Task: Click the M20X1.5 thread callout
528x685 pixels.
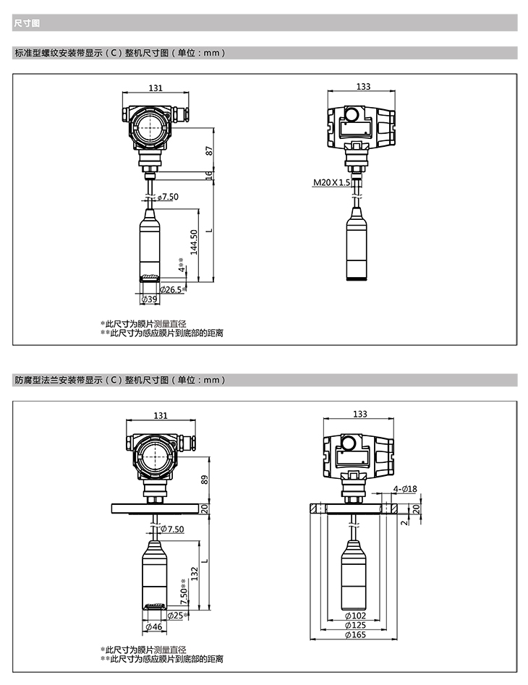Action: tap(331, 182)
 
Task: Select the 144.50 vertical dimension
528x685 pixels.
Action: tap(194, 242)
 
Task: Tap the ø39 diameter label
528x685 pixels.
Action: tap(150, 299)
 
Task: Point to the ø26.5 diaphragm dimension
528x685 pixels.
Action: tap(173, 289)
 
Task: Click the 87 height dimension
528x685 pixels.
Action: tap(209, 150)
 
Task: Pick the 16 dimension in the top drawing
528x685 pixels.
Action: tap(209, 175)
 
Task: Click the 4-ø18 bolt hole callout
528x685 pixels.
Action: tap(405, 489)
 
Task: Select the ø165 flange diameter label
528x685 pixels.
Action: tap(355, 635)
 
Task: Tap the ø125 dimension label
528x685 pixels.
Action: tap(355, 625)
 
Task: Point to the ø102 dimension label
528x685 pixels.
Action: tap(355, 616)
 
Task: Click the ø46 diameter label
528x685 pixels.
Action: tap(154, 626)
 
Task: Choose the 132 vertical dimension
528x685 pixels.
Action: tap(195, 574)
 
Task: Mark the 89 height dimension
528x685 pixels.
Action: tap(204, 480)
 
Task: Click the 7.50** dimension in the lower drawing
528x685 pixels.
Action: tap(184, 592)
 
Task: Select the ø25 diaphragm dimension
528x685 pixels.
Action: tap(178, 616)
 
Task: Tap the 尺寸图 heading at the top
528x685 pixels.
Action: tap(27, 22)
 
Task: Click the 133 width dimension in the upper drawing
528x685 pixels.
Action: tap(363, 87)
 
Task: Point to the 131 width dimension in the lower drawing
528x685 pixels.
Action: tap(161, 415)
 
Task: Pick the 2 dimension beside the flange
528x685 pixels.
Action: tap(404, 522)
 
